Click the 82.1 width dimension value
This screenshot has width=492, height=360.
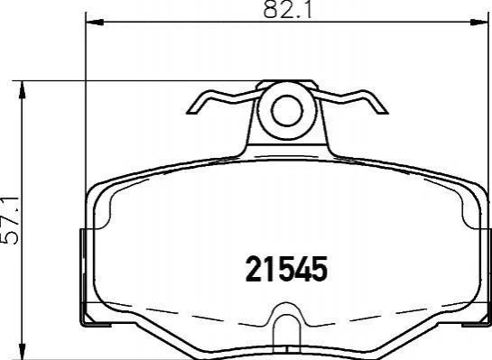[287, 9]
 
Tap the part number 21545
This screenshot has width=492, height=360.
[286, 269]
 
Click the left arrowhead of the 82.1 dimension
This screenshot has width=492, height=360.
[95, 23]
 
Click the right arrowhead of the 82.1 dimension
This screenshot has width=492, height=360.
[478, 23]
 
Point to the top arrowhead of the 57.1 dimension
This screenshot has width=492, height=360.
[22, 89]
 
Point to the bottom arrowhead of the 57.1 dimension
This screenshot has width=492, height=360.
[22, 351]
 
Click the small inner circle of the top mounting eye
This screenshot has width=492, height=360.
[287, 111]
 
